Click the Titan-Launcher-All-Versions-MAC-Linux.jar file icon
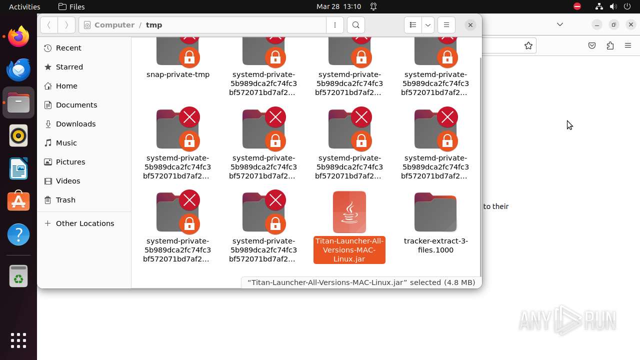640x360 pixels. point(349,212)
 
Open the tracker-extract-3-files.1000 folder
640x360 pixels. point(435,212)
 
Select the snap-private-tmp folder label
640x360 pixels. point(178,74)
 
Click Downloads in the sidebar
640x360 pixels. point(75,124)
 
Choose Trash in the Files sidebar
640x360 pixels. point(65,200)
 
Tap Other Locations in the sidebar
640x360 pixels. point(84,223)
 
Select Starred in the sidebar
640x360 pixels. point(69,67)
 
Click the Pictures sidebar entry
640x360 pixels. point(70,162)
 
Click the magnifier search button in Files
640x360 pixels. point(356,25)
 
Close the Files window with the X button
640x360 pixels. point(470,25)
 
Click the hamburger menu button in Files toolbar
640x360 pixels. point(446,25)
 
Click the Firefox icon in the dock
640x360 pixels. point(18,36)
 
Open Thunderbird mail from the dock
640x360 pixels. point(18,69)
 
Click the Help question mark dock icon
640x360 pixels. point(18,234)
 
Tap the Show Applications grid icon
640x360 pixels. point(18,340)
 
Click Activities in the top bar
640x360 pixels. point(24,6)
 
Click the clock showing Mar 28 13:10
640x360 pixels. point(338,6)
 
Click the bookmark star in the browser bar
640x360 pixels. point(528,45)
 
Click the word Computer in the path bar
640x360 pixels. point(114,25)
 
